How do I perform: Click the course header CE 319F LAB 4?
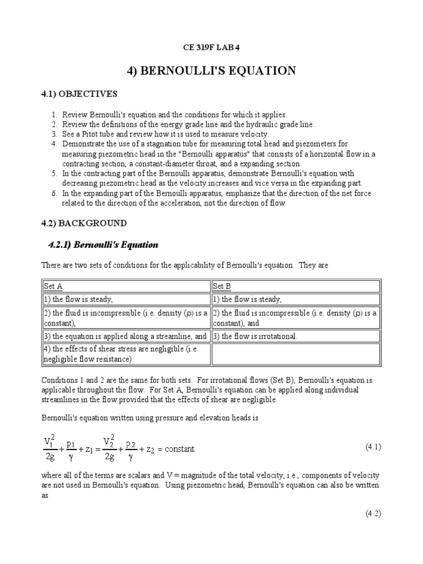(211, 47)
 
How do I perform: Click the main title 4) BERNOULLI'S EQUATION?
(211, 70)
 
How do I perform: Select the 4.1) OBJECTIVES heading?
(80, 94)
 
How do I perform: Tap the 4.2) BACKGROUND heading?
(84, 223)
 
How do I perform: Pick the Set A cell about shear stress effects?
(127, 354)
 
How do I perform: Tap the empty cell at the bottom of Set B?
(296, 354)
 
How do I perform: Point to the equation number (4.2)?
(373, 513)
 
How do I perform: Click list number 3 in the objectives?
(55, 134)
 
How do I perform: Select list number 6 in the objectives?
(55, 193)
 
